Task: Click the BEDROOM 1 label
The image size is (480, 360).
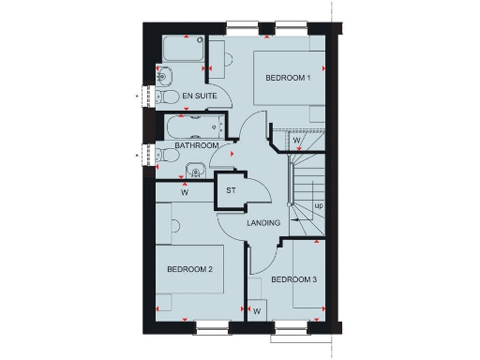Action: tap(288, 78)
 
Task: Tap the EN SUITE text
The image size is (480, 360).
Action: tap(200, 97)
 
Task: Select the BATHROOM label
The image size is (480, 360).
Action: tap(197, 146)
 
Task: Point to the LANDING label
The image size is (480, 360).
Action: tap(263, 223)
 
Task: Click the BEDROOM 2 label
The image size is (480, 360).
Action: tap(190, 269)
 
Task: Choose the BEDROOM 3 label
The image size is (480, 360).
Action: tap(294, 278)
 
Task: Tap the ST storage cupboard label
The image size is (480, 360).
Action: tap(230, 191)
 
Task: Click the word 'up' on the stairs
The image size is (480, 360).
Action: tap(319, 205)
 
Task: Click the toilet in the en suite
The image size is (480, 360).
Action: tap(166, 97)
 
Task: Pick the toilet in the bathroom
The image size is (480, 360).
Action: tap(164, 154)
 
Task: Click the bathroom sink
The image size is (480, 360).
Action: tap(196, 170)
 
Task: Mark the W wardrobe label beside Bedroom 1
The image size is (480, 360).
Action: tap(295, 141)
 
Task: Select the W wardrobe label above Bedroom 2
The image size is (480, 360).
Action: tap(185, 193)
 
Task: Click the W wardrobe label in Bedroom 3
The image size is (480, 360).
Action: tap(256, 309)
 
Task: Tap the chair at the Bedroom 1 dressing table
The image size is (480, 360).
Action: tap(215, 63)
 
